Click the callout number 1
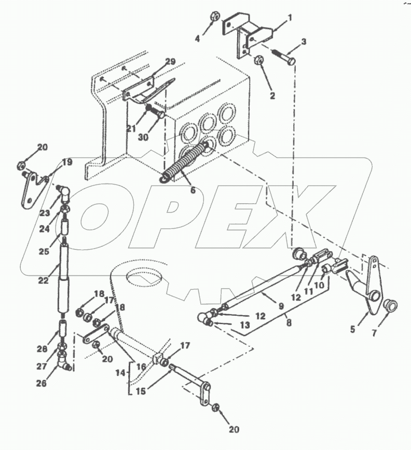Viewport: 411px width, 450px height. (290, 17)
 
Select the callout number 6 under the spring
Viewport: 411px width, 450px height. (193, 190)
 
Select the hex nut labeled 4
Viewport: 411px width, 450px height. (213, 17)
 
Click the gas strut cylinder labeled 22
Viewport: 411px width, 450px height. (64, 270)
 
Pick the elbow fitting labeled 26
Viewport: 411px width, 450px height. (66, 361)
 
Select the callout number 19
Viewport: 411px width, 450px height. (67, 162)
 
